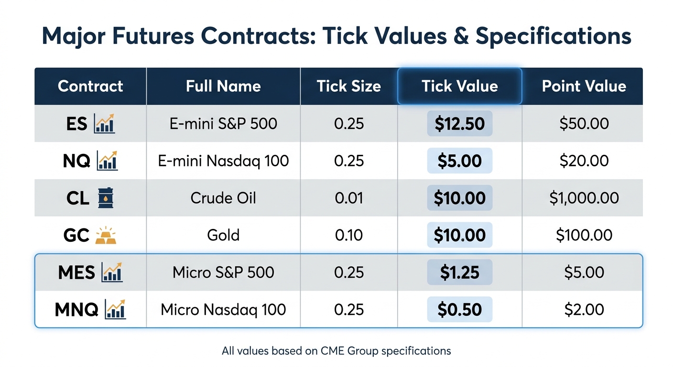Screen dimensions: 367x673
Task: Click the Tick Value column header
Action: pyautogui.click(x=459, y=86)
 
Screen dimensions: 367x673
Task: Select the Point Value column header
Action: pyautogui.click(x=584, y=86)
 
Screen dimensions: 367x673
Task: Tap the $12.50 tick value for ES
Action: pyautogui.click(x=459, y=124)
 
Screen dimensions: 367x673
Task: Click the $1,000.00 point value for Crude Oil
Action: pyautogui.click(x=584, y=198)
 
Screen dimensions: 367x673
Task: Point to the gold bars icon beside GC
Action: pyautogui.click(x=106, y=235)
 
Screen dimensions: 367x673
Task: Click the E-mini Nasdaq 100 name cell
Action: pyautogui.click(x=223, y=161)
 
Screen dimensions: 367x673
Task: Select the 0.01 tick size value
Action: pyautogui.click(x=349, y=198)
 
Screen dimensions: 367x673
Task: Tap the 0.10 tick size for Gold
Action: pyautogui.click(x=349, y=235)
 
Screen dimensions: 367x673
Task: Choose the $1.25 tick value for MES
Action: pyautogui.click(x=459, y=272)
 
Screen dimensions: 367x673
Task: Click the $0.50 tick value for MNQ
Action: pyautogui.click(x=459, y=310)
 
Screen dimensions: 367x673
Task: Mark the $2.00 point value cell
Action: pyautogui.click(x=584, y=310)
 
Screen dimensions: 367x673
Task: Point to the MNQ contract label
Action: pyautogui.click(x=76, y=310)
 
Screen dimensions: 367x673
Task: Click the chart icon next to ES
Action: pyautogui.click(x=105, y=124)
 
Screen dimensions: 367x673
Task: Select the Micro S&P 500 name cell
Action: pyautogui.click(x=223, y=272)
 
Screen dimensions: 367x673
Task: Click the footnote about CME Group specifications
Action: pyautogui.click(x=336, y=351)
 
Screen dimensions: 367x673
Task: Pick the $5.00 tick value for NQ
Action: pyautogui.click(x=459, y=161)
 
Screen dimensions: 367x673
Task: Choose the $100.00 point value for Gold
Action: pyautogui.click(x=584, y=235)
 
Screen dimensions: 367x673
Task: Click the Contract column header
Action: pyautogui.click(x=90, y=86)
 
